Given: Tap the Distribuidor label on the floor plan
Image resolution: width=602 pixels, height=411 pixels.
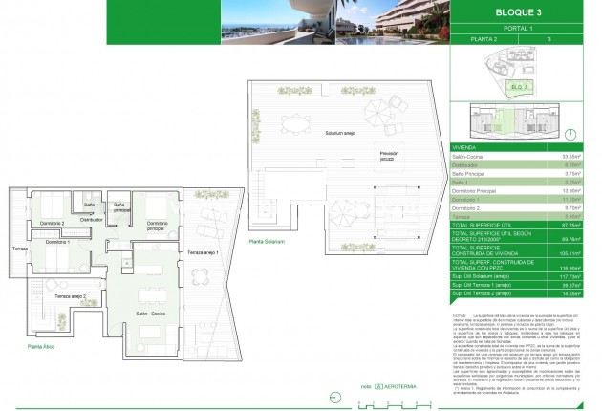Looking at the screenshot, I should [91, 219].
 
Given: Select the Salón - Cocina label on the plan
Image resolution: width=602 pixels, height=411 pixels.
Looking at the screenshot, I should [150, 314].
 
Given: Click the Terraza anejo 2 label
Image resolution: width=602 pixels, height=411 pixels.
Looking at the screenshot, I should [72, 297].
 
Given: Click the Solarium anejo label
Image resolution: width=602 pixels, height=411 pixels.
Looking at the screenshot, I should [339, 134].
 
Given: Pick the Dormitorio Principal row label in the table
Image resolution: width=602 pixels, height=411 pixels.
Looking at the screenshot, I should [475, 190].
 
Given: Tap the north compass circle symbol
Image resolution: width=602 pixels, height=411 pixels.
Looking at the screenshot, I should [570, 135].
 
